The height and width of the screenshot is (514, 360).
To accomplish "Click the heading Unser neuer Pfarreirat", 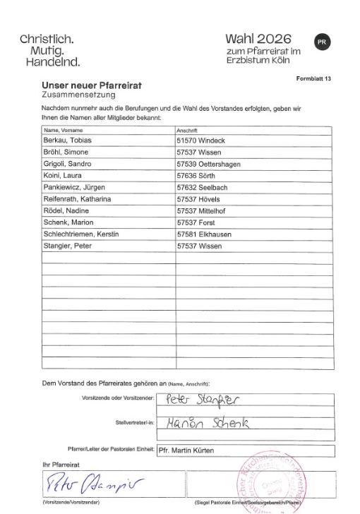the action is [92, 85].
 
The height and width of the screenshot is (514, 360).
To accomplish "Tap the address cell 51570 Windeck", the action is [202, 141].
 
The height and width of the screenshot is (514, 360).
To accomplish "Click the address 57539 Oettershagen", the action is [210, 165].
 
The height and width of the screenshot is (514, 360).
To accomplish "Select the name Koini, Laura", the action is [61, 177].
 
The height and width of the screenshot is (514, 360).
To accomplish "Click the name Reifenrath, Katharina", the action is [78, 199].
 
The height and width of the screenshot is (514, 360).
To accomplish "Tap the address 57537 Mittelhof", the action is [203, 211].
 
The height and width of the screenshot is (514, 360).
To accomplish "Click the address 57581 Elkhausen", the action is [204, 234].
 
